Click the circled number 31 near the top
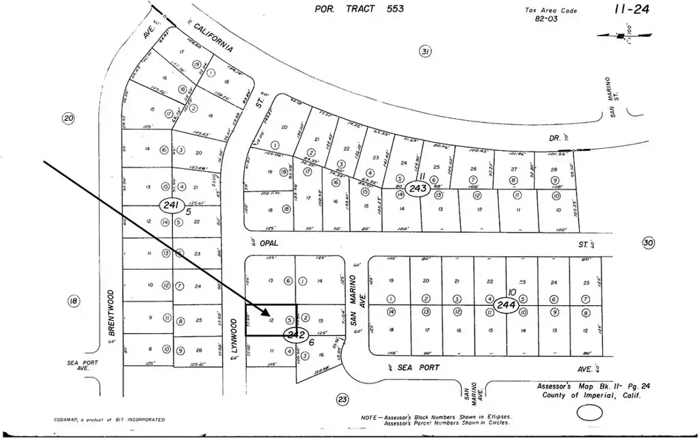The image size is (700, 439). pyautogui.click(x=425, y=52)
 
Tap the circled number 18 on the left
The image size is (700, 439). pyautogui.click(x=74, y=301)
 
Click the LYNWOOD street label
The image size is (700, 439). pyautogui.click(x=232, y=335)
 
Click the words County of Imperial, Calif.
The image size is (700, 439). pyautogui.click(x=592, y=395)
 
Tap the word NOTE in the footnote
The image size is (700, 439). pyautogui.click(x=369, y=417)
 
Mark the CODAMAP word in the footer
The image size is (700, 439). pyautogui.click(x=66, y=420)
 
